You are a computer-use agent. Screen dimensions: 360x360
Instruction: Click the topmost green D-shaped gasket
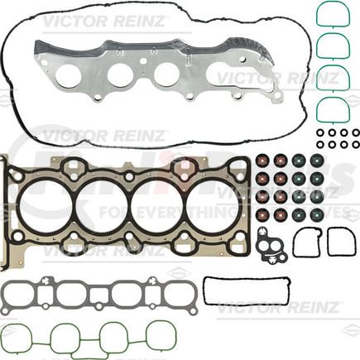tap(331, 14)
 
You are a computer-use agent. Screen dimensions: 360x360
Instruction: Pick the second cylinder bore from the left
tap(101, 205)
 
